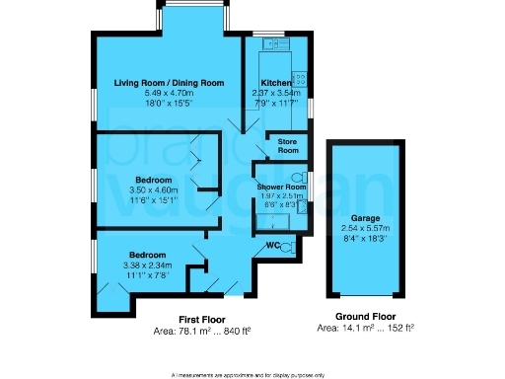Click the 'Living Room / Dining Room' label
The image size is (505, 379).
pos(169,82)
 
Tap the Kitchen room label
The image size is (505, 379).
pos(275,82)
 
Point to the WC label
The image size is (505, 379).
pos(261,247)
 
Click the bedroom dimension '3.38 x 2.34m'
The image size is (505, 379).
pos(148,265)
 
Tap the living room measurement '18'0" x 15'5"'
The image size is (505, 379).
pos(169,101)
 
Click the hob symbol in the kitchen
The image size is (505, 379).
pos(301,78)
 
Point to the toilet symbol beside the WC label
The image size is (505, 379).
pos(285,248)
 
